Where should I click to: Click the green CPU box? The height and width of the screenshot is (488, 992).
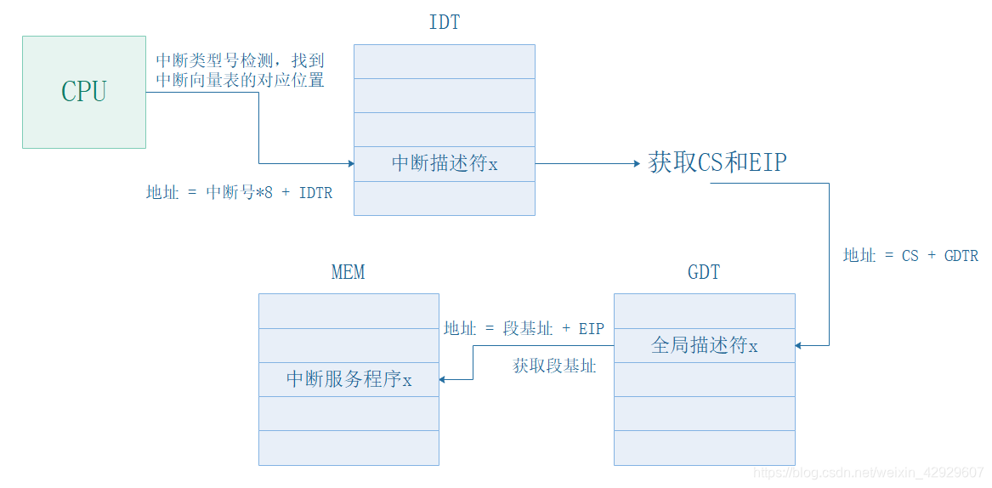tap(83, 92)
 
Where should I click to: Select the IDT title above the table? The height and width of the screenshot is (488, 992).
tap(445, 23)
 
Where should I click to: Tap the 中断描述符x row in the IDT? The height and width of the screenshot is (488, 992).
tap(445, 163)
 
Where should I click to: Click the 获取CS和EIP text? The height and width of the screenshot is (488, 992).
tap(717, 163)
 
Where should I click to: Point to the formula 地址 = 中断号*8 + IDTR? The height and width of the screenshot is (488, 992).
tap(239, 193)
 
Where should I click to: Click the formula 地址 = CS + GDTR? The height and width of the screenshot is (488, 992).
tap(910, 255)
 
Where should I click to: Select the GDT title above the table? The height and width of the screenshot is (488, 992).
tap(703, 272)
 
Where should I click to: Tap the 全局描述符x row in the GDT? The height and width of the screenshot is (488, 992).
tap(704, 345)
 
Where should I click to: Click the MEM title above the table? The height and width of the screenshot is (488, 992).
tap(348, 272)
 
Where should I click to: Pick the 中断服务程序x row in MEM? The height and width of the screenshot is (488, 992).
tap(349, 379)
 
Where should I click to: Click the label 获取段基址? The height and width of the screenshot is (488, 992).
tap(554, 366)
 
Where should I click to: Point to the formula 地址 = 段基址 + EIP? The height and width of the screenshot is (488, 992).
tap(524, 328)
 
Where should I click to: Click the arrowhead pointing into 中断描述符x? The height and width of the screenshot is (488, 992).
tap(349, 163)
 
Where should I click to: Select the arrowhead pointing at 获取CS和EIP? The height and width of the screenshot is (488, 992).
tap(635, 163)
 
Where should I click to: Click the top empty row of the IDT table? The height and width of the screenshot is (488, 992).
tap(445, 61)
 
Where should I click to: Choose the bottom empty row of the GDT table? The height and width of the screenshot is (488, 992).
tap(704, 447)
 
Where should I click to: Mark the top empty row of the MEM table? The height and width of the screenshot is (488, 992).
tap(349, 311)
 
